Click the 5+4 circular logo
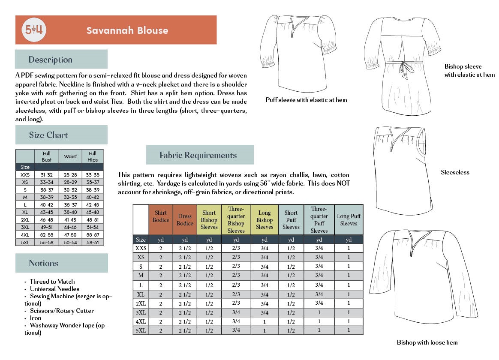(x=34, y=30)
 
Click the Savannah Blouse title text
(x=127, y=30)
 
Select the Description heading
(x=51, y=60)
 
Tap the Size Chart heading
(x=48, y=135)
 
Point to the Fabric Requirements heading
(x=198, y=155)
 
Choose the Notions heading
(x=43, y=263)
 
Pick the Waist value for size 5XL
(x=70, y=243)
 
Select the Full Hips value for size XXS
(x=93, y=175)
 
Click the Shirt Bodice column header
(x=161, y=216)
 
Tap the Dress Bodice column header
(x=185, y=220)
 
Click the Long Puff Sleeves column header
(x=349, y=220)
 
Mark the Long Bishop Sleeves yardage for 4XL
(x=265, y=321)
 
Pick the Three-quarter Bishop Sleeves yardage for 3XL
(x=236, y=312)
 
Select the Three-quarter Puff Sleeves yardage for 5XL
(x=319, y=330)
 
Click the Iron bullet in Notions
(x=36, y=318)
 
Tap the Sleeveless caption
(x=455, y=173)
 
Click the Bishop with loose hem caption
(x=427, y=342)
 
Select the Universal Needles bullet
(x=54, y=289)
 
